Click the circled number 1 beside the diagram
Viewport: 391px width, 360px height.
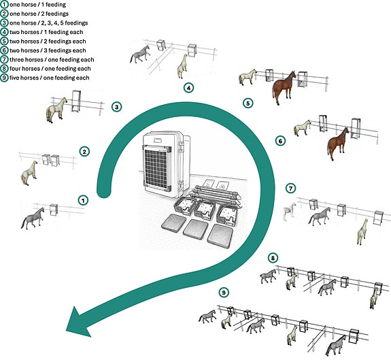[83, 200]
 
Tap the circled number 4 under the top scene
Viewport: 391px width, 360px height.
[188, 88]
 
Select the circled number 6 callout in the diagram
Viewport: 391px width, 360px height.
[280, 141]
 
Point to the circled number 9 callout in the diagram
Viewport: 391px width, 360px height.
[224, 293]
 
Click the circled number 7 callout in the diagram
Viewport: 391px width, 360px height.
[290, 188]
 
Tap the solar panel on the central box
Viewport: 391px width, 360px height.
[156, 168]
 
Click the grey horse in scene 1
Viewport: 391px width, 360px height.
[33, 218]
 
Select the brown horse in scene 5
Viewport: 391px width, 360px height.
[284, 87]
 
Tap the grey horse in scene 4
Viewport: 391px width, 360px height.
[140, 54]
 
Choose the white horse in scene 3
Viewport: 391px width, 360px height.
[56, 110]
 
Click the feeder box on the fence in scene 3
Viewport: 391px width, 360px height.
[75, 101]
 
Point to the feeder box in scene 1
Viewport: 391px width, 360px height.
[54, 210]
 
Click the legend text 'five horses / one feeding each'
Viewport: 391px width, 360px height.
[50, 78]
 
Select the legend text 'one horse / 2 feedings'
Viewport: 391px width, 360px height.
[39, 14]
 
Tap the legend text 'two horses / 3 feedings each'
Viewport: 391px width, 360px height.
[48, 50]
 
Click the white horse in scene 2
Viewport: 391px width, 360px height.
[29, 173]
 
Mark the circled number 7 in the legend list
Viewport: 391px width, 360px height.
[4, 60]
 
